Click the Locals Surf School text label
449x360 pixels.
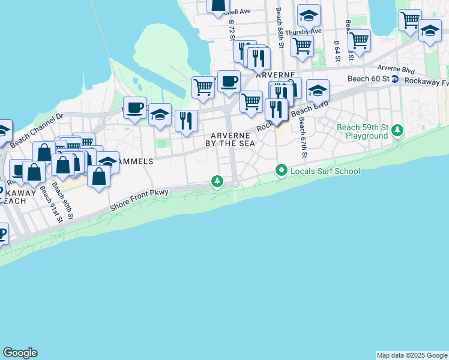coord(325,171)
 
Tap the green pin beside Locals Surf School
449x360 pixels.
coord(280,171)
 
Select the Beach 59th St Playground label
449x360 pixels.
coord(362,131)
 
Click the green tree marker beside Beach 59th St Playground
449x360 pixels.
coord(397,130)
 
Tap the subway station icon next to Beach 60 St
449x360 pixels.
coord(395,79)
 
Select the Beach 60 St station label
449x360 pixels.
coord(369,79)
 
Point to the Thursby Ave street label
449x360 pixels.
coord(303,31)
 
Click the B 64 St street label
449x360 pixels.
coord(337,46)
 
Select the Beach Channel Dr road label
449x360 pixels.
coord(36,128)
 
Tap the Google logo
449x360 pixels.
coord(20,353)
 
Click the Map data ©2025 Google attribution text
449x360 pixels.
coord(412,355)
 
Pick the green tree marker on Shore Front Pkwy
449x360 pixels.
coord(217,181)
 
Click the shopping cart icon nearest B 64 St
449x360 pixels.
coord(359,40)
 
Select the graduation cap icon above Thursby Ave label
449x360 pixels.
coord(309,14)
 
